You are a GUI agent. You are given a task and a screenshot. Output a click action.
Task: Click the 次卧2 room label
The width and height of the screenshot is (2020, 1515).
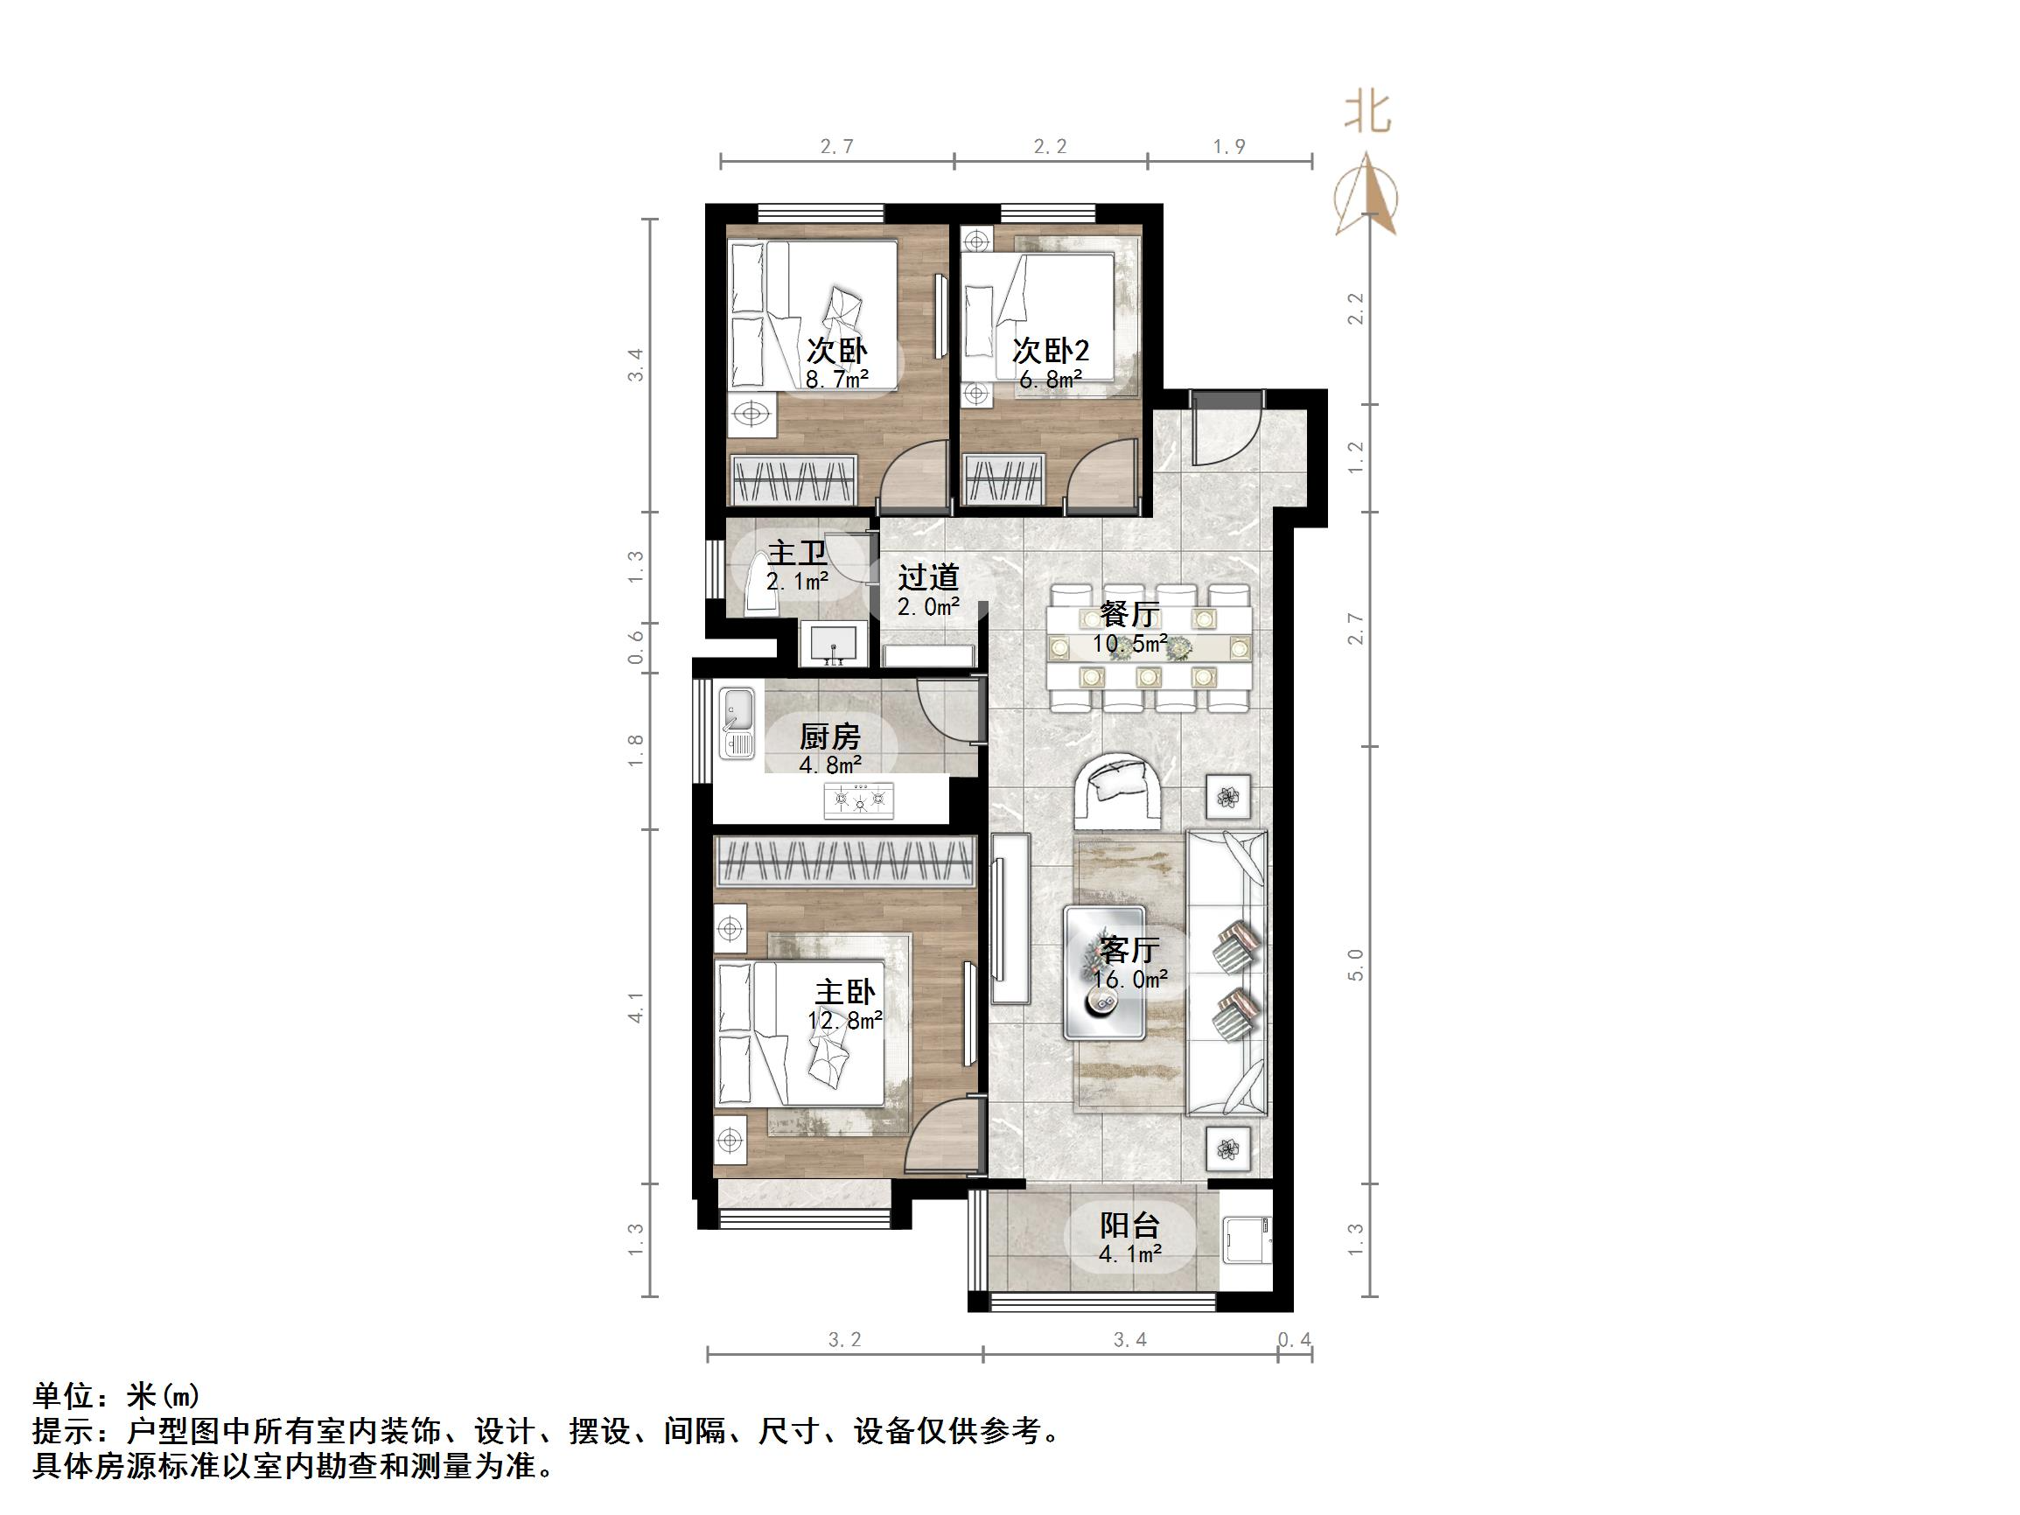(x=1050, y=351)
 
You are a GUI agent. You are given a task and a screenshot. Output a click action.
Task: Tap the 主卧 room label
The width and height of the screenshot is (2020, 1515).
(x=845, y=992)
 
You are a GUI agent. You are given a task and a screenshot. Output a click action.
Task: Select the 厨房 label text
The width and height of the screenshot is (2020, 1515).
(x=829, y=736)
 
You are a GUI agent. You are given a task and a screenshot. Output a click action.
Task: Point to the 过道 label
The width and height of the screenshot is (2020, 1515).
(x=928, y=577)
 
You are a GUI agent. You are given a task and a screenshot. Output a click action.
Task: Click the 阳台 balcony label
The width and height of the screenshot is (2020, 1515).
(x=1129, y=1225)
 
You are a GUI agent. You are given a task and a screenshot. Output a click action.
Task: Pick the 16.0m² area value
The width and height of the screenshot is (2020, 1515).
(x=1129, y=980)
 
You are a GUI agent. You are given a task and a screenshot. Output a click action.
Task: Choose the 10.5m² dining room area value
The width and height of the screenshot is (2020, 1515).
(x=1129, y=645)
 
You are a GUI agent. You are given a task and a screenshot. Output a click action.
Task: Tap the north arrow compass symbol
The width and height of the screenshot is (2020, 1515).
(x=1366, y=196)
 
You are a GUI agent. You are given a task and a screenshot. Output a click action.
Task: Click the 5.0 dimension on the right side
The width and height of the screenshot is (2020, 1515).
(x=1356, y=966)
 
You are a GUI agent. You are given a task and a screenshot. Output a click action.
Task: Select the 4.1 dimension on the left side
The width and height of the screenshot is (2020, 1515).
(x=637, y=1008)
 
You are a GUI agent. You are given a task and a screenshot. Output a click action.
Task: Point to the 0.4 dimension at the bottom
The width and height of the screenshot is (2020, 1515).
(x=1294, y=1341)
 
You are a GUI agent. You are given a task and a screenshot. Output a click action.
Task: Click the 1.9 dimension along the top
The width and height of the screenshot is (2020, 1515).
(x=1229, y=147)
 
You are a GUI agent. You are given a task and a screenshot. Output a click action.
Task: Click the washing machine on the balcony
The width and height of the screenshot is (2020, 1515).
(x=1246, y=1240)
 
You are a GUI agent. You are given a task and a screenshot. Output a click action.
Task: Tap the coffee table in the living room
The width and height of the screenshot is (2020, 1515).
(x=1104, y=973)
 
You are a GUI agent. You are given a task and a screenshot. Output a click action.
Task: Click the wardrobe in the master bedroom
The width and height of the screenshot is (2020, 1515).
(x=844, y=860)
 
